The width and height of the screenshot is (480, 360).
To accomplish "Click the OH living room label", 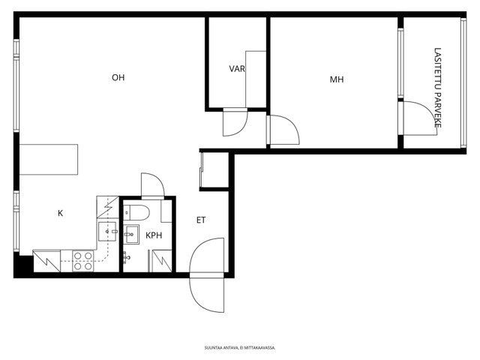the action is click(x=118, y=78).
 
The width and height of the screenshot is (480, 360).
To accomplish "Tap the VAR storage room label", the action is click(x=237, y=68).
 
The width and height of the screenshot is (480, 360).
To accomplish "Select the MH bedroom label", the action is click(x=337, y=79).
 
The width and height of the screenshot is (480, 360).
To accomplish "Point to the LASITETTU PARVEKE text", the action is click(x=438, y=88).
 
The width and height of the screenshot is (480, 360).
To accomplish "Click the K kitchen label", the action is click(x=60, y=213).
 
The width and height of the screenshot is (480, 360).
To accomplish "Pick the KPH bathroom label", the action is click(x=154, y=235).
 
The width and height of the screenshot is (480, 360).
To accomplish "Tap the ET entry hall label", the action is click(x=201, y=220).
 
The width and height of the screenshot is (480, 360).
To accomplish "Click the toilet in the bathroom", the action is click(x=136, y=212).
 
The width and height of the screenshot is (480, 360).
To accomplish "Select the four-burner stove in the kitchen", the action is click(x=83, y=261).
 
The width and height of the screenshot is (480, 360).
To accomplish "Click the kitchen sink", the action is click(x=107, y=232).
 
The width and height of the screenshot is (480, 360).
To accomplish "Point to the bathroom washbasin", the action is click(x=132, y=234).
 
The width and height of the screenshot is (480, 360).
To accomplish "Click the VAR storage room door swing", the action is click(x=235, y=121).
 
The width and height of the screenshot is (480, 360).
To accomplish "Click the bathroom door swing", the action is click(x=153, y=186).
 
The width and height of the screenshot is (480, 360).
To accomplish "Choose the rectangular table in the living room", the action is click(x=48, y=160).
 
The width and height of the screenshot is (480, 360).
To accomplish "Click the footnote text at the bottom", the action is click(x=240, y=348).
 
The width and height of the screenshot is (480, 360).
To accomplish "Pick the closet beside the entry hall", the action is click(x=214, y=170).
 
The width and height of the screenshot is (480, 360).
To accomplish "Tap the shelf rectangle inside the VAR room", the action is click(x=256, y=79).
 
